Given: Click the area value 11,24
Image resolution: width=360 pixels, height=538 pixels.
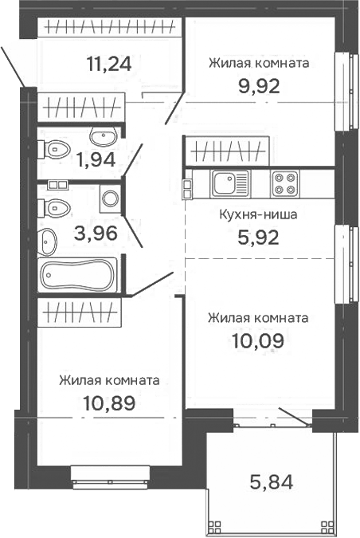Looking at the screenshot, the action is [x=109, y=64].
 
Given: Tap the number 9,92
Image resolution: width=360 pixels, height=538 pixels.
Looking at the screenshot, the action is [x=259, y=86].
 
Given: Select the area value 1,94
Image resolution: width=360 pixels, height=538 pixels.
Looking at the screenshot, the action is [x=96, y=159].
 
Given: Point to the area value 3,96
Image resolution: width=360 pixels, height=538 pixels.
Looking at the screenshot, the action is [x=96, y=234].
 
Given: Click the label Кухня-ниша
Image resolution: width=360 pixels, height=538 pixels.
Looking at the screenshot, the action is [x=258, y=214].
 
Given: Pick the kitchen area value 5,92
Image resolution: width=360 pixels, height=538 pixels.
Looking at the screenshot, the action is [x=259, y=238].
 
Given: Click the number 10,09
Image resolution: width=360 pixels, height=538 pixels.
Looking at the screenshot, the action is [x=258, y=341].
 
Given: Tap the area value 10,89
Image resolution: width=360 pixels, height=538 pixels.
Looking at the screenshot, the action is [x=109, y=403].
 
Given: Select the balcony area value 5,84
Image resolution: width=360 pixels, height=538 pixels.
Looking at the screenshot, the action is [x=272, y=482].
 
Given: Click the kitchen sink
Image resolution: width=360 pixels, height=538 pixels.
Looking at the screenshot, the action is [x=230, y=183].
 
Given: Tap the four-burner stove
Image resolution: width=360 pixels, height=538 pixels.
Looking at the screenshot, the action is [x=285, y=183].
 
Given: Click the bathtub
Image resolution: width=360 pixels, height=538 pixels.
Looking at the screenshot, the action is [x=77, y=275].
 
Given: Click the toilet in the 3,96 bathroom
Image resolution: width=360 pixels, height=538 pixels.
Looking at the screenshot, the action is [x=54, y=208].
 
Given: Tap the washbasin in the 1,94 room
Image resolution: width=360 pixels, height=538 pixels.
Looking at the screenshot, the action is [x=104, y=135].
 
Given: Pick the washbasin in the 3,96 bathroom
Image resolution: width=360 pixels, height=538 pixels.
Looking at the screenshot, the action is [x=47, y=242].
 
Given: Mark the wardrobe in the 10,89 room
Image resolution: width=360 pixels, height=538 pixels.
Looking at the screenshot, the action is [x=80, y=312].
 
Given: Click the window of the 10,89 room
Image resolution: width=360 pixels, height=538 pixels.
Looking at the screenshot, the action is [x=111, y=477].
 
